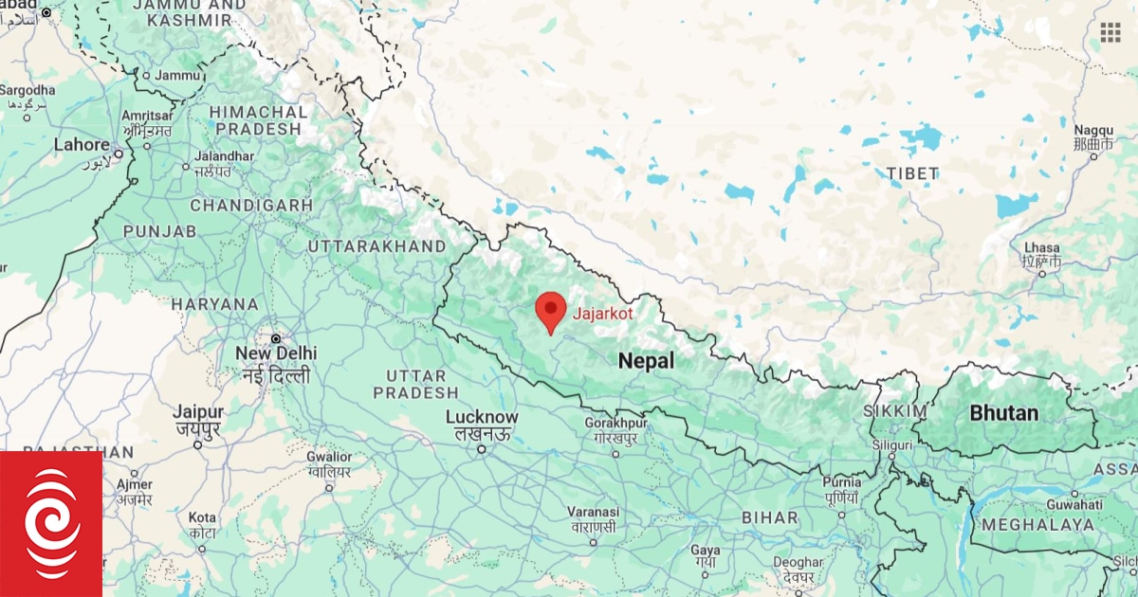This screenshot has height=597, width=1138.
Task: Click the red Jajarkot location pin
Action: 551,309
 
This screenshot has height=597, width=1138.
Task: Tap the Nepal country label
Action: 646,361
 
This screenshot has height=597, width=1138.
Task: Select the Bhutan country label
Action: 1003,413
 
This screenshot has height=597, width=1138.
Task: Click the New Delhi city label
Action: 277,353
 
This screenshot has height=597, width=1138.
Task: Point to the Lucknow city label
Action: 482,417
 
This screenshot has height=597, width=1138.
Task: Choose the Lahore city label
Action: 82,145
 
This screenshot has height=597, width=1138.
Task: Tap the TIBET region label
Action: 912,173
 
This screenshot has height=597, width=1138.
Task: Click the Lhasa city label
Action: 1041,247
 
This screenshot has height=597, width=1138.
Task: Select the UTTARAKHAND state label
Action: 376,246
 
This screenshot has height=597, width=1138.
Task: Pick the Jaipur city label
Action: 198,412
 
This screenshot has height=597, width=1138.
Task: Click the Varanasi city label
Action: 593,512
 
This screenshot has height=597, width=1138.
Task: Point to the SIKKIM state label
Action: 894,411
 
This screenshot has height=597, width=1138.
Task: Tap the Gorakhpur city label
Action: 615,423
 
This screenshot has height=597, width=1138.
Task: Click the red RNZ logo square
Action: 50,524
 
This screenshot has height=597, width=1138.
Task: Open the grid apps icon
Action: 1110,33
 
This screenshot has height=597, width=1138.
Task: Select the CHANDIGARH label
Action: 251,205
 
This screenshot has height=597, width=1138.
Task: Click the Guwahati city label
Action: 1074,505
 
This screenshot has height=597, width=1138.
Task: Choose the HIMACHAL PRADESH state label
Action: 259,120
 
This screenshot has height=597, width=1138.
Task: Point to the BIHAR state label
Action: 769,517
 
